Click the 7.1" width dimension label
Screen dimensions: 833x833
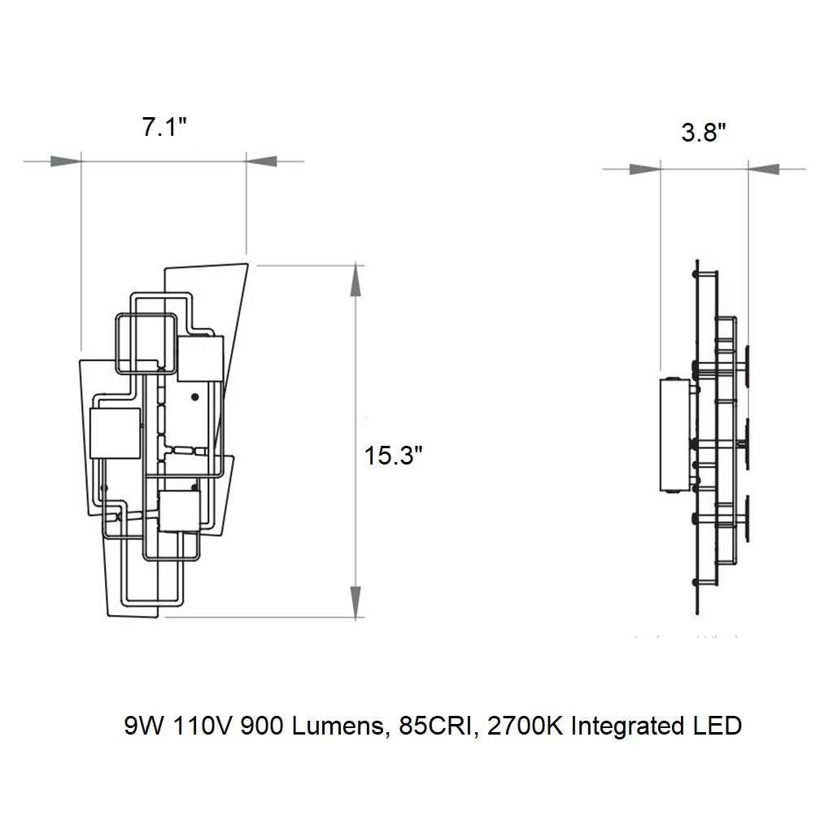[164, 129]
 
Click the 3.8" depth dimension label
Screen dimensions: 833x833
[704, 133]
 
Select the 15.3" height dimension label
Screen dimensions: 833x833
[394, 456]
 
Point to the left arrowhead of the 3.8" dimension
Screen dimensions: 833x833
[645, 169]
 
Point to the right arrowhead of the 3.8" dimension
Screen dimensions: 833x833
[764, 169]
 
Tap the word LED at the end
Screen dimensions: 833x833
[718, 726]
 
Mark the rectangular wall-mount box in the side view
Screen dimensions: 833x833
[674, 435]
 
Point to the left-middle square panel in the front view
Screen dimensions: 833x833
[115, 434]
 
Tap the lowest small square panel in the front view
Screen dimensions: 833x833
[179, 511]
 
